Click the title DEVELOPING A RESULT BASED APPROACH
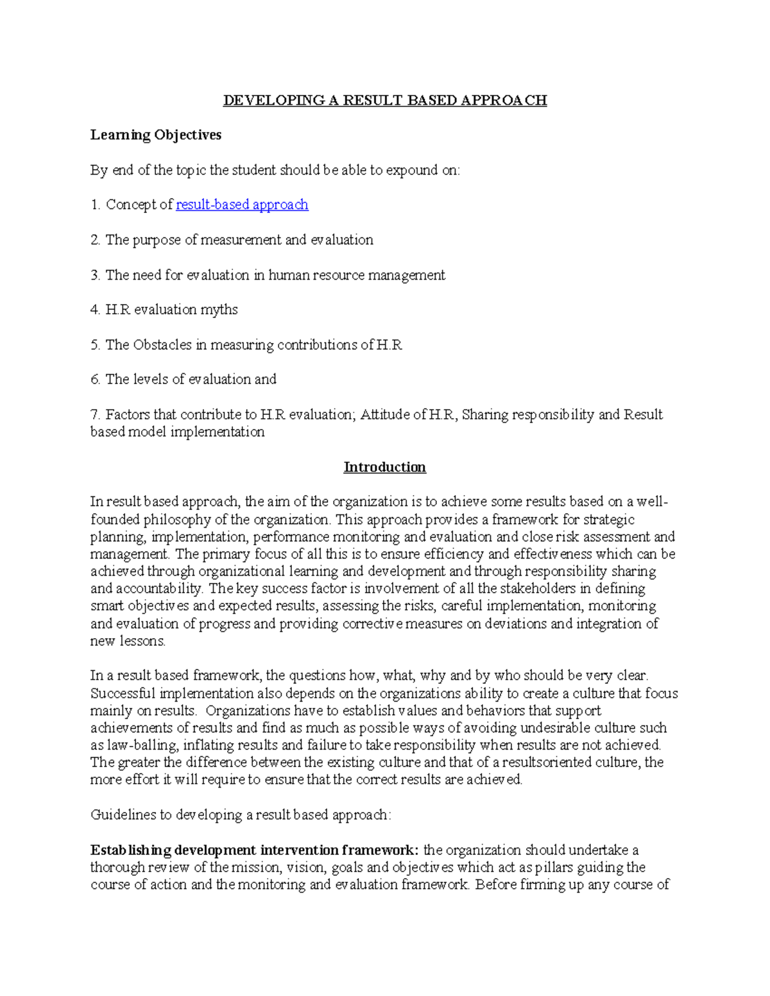point(384,100)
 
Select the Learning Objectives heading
point(156,135)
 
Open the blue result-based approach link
point(242,205)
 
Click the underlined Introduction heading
point(384,467)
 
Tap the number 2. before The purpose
point(95,240)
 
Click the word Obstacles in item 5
point(162,345)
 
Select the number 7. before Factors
point(95,415)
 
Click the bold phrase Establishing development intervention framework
point(255,850)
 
